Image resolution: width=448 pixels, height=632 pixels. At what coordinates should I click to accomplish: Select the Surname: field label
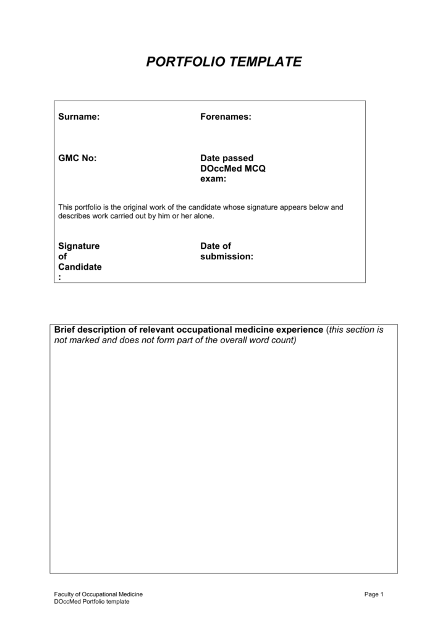tap(78, 117)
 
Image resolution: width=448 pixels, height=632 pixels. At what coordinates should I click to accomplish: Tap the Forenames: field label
tap(226, 117)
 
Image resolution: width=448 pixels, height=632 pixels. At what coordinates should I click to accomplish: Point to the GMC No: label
tap(77, 158)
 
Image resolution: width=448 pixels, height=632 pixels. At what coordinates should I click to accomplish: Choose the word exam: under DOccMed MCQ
tap(213, 179)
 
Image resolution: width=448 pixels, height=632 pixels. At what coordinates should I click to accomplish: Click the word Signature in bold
tap(78, 246)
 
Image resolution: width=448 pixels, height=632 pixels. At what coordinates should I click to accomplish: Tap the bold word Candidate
tap(80, 267)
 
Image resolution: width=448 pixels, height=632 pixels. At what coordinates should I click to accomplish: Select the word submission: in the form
tap(227, 256)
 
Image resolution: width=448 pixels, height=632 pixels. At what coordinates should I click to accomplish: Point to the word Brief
tap(66, 330)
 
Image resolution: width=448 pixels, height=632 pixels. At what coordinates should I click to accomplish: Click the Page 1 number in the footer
tap(374, 594)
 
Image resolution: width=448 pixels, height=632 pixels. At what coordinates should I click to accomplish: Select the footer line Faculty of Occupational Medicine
tap(98, 594)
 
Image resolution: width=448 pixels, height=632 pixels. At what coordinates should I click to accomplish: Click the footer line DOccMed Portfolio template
tap(91, 602)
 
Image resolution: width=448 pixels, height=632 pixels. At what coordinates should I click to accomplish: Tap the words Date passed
tap(227, 158)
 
